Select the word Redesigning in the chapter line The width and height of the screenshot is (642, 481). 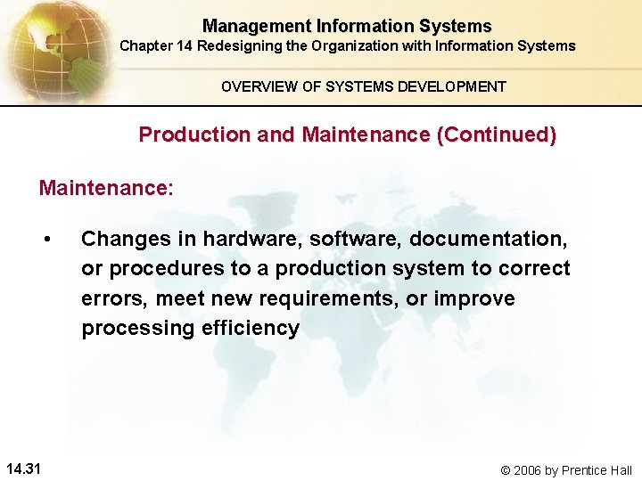[235, 45]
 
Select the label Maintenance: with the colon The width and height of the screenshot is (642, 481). [106, 188]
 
